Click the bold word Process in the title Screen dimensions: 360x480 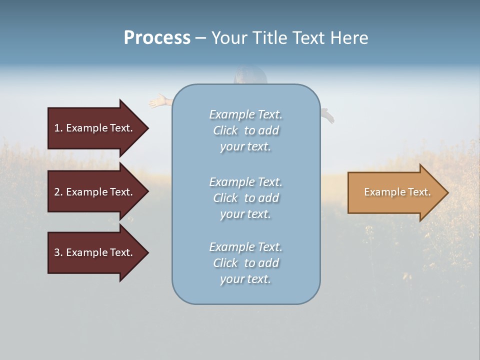coord(157,38)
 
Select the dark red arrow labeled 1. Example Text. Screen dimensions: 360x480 coord(95,128)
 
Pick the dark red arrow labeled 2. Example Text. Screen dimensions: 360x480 coord(95,192)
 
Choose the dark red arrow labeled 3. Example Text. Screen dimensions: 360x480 coord(95,252)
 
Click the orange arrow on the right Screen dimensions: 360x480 coord(395,192)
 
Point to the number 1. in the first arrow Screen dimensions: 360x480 coord(58,128)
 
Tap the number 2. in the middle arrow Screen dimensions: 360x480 coord(58,192)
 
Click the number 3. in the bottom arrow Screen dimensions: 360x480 coord(58,252)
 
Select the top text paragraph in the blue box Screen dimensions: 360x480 coord(245,130)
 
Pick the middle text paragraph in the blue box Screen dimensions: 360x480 coord(245,198)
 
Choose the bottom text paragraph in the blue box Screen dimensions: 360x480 coord(245,263)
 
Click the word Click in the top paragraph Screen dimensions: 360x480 coord(225,130)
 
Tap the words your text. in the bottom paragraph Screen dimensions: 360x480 coord(245,279)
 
